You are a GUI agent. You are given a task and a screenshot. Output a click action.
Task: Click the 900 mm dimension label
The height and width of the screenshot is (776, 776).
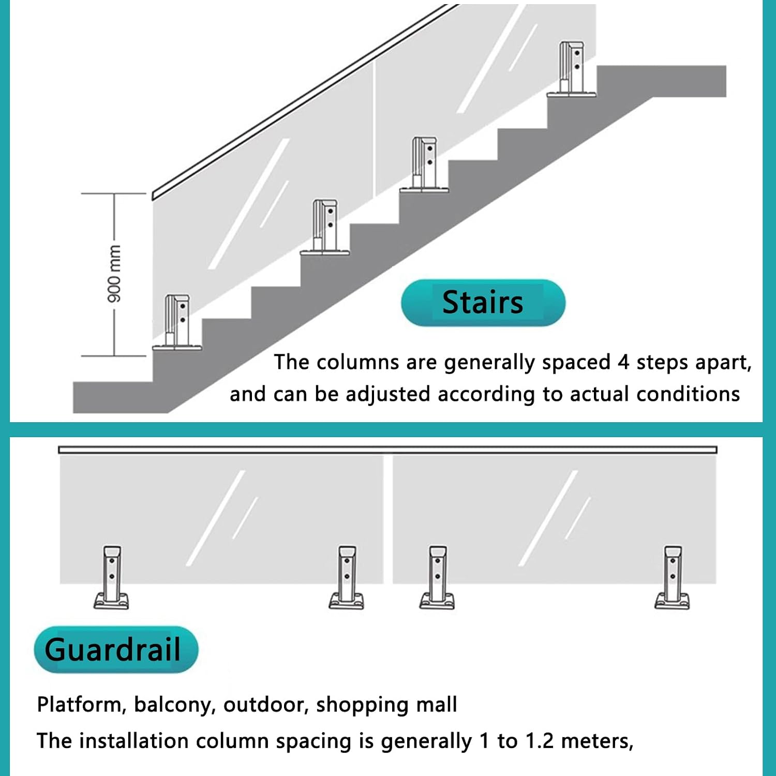pyautogui.click(x=114, y=274)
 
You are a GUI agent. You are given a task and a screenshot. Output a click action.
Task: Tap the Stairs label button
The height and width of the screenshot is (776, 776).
pyautogui.click(x=483, y=303)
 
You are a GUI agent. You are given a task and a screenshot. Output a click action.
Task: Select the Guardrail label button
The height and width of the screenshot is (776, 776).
pyautogui.click(x=116, y=649)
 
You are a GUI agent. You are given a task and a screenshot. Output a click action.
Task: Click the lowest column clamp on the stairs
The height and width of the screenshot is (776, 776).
pyautogui.click(x=177, y=323)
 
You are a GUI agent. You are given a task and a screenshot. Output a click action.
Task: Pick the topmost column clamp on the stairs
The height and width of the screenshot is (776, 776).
pyautogui.click(x=572, y=69)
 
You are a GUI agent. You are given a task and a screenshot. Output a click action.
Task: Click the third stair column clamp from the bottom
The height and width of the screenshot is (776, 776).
pyautogui.click(x=424, y=165)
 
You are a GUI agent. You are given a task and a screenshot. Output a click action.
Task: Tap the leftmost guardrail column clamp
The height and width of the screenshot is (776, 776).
pyautogui.click(x=111, y=577)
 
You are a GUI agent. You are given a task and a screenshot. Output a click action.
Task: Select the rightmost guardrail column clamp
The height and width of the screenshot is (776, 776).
pyautogui.click(x=672, y=577)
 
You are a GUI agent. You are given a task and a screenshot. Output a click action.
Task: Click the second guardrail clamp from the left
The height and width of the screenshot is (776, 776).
pyautogui.click(x=346, y=577)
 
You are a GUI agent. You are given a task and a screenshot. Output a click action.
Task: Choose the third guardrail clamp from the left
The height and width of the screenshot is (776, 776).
pyautogui.click(x=437, y=577)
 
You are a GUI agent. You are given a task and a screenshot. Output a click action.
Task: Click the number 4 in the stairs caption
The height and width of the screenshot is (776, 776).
pyautogui.click(x=623, y=362)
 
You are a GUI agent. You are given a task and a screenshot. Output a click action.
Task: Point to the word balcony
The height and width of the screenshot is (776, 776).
pyautogui.click(x=175, y=705)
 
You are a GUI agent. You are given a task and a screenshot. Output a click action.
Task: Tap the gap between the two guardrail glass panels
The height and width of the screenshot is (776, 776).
pyautogui.click(x=388, y=519)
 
